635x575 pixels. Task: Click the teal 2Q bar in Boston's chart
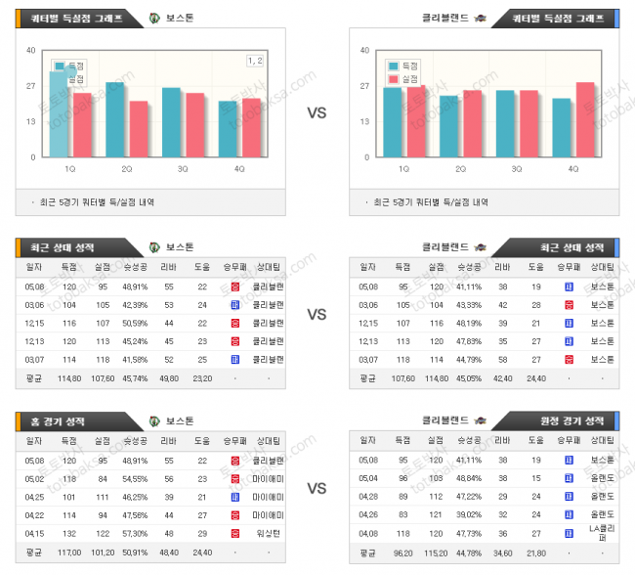115,119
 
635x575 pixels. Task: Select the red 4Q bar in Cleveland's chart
585,119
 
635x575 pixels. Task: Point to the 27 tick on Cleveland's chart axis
364,86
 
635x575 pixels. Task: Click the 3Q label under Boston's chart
183,168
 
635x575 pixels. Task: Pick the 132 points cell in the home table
69,532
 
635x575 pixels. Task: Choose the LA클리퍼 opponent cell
596,532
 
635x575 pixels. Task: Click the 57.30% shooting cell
135,532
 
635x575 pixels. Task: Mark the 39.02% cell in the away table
469,513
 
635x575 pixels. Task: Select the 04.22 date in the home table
36,513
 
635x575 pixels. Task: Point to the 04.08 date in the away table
368,532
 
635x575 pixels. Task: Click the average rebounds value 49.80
168,377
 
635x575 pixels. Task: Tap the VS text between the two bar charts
317,113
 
